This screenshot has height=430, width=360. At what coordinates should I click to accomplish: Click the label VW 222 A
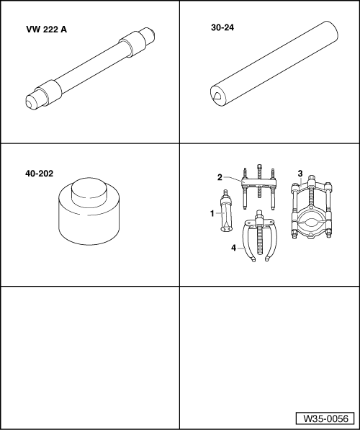(x=46, y=30)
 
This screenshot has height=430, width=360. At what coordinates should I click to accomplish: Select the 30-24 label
(x=222, y=27)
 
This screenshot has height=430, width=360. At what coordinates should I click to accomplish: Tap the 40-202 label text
(x=39, y=174)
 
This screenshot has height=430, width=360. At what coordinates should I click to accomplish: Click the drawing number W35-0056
(x=325, y=418)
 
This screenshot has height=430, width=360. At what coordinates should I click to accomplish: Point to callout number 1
(x=212, y=213)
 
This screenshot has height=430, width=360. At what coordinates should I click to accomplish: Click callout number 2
(x=220, y=177)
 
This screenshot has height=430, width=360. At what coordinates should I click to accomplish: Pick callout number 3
(x=300, y=174)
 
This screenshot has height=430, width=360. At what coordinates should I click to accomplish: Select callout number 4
(x=233, y=248)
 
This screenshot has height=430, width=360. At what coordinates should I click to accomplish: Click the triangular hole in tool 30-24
(x=217, y=96)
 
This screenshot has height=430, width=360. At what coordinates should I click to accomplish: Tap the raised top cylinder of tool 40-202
(x=89, y=192)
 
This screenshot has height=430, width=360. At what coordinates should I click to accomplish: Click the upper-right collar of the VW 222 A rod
(x=132, y=44)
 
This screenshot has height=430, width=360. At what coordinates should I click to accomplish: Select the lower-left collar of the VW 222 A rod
(x=49, y=93)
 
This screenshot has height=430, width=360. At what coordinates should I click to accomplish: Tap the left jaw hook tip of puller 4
(x=253, y=259)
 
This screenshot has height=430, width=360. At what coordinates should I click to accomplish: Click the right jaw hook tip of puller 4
(x=267, y=259)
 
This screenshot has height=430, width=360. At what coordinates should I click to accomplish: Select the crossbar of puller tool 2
(x=258, y=183)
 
